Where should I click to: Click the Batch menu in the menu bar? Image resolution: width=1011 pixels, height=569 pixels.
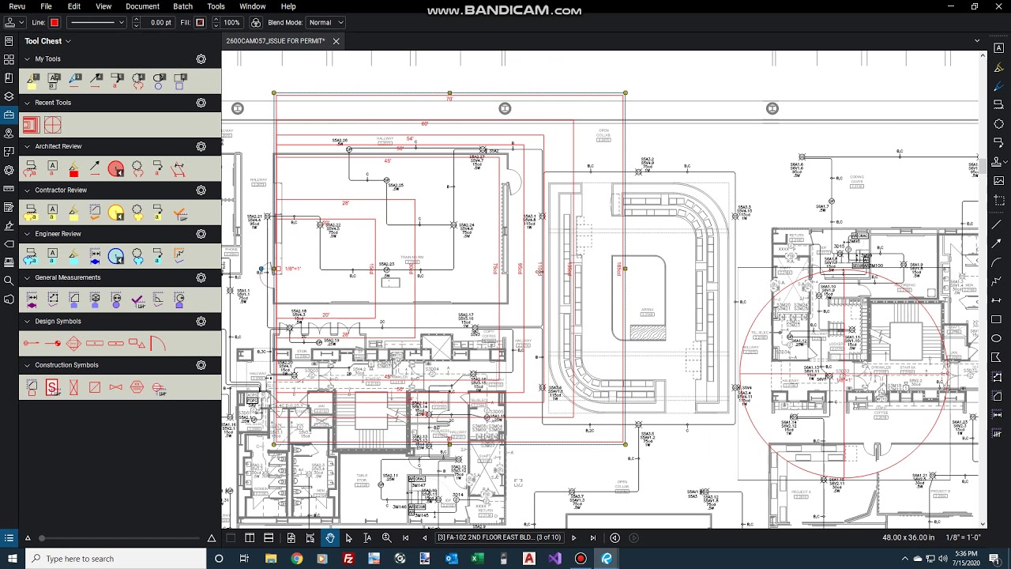(182, 6)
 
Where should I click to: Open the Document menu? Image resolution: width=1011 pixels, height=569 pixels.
(142, 6)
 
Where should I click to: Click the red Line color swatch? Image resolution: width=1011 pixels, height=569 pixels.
(54, 23)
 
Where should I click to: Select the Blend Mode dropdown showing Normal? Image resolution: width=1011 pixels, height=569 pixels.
(325, 23)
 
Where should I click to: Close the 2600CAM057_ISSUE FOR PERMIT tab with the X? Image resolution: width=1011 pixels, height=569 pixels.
(336, 41)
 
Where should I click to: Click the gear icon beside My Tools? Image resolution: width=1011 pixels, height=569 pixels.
(201, 59)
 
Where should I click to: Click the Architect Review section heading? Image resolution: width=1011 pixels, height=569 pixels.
(58, 146)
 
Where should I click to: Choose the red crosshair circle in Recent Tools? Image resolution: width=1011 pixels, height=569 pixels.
(53, 125)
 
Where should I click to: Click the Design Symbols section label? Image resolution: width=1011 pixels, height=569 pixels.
(58, 322)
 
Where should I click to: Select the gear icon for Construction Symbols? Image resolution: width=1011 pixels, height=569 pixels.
(201, 365)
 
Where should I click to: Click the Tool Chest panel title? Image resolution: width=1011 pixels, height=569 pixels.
(43, 41)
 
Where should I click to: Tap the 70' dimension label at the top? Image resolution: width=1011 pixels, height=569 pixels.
(449, 99)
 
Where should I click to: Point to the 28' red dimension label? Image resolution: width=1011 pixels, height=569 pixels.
(346, 203)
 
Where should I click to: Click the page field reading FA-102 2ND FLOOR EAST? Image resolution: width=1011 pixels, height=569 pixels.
(498, 538)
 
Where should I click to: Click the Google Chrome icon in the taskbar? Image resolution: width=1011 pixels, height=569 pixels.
(296, 559)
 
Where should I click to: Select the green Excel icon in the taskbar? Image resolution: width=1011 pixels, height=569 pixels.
(477, 559)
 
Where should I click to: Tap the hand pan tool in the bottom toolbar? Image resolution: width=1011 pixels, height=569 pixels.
(329, 538)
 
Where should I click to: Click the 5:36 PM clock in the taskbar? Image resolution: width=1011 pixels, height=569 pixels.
(965, 553)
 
